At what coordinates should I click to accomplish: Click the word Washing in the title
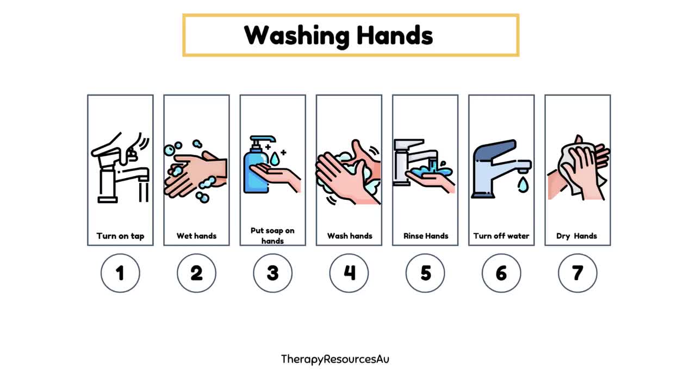[x=297, y=36]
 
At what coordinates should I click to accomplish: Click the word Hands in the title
[x=395, y=35]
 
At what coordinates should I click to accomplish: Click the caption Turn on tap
[x=120, y=236]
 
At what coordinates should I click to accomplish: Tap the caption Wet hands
[x=196, y=236]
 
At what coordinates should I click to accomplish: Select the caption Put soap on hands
[x=272, y=236]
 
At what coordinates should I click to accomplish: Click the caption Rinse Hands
[x=426, y=236]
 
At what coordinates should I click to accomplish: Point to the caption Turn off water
[x=501, y=236]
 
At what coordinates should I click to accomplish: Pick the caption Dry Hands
[x=577, y=236]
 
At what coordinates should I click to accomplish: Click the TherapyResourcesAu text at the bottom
[x=335, y=360]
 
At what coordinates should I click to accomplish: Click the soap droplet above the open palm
[x=274, y=159]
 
